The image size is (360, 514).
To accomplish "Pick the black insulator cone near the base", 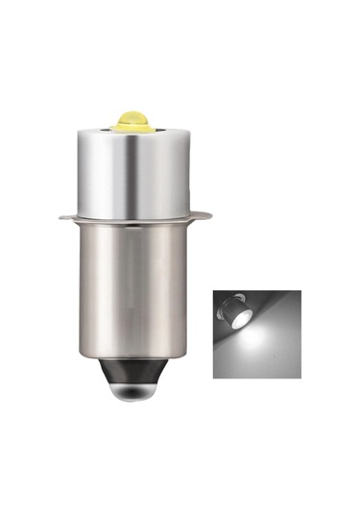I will coord(134,364).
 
